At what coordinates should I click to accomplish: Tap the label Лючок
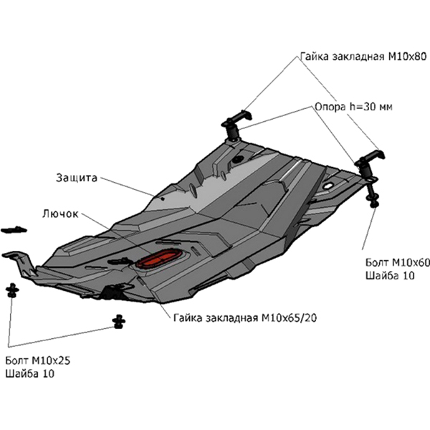(59, 214)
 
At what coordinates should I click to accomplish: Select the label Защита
(75, 176)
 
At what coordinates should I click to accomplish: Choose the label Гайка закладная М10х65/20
(244, 316)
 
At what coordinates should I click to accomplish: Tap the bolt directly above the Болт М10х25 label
(12, 291)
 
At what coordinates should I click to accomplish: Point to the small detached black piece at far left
(13, 230)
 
